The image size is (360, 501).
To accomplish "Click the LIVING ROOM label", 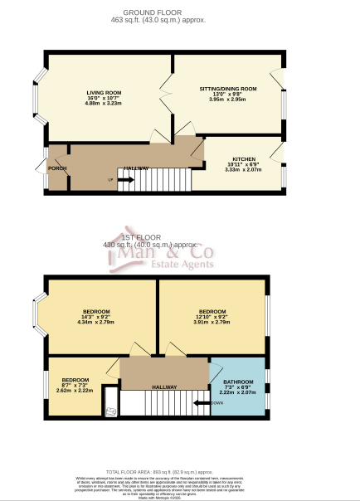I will [x=105, y=92].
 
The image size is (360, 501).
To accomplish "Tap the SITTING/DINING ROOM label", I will [x=228, y=88].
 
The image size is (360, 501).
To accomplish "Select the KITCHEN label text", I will [x=243, y=158].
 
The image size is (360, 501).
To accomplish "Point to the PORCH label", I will [x=57, y=168].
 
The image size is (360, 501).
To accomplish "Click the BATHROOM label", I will [x=237, y=381].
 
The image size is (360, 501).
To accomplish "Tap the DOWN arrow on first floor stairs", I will [x=202, y=403].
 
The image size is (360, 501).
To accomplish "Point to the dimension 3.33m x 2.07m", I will [x=243, y=169].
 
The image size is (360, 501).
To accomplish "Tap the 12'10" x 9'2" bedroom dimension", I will [x=212, y=316].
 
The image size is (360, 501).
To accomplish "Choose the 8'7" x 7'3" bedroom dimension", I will [x=75, y=385].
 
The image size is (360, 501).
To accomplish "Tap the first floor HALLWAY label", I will [x=163, y=387].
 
